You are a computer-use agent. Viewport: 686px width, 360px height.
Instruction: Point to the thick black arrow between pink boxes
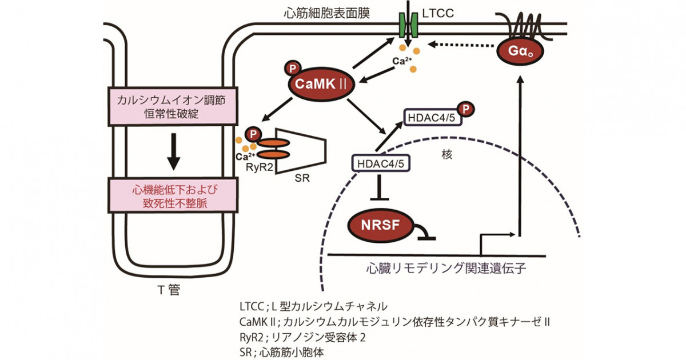point(173,151)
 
